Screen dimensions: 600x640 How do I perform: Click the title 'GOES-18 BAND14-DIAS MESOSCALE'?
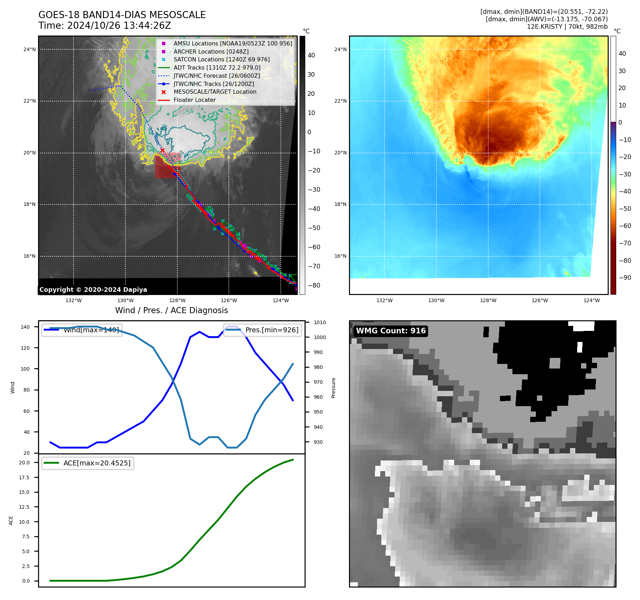(122, 15)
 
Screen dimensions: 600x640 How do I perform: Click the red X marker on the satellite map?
(162, 151)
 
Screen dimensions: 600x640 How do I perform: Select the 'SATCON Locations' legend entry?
(221, 60)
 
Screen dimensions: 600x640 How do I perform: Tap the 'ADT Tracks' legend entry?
(217, 67)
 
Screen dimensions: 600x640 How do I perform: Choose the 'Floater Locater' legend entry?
(194, 100)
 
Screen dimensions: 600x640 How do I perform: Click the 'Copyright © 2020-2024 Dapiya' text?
(93, 290)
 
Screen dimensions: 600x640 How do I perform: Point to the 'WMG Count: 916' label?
(391, 331)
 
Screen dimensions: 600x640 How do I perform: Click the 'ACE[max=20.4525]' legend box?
(87, 463)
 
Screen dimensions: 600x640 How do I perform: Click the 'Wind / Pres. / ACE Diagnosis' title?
(171, 310)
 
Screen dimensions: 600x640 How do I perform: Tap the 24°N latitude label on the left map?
(29, 49)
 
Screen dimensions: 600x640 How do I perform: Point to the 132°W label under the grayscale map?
(74, 300)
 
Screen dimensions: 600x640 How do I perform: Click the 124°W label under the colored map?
(591, 300)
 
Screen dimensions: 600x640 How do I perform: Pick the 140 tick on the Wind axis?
(25, 327)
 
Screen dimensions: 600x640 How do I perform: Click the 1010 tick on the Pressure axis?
(319, 322)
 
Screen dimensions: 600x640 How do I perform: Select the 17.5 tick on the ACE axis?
(24, 478)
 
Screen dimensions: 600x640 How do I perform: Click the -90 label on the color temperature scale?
(625, 278)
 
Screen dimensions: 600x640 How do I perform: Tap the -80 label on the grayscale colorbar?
(314, 285)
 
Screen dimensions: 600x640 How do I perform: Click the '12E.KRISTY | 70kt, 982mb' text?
(567, 27)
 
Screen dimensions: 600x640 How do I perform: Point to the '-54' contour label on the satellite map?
(188, 112)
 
